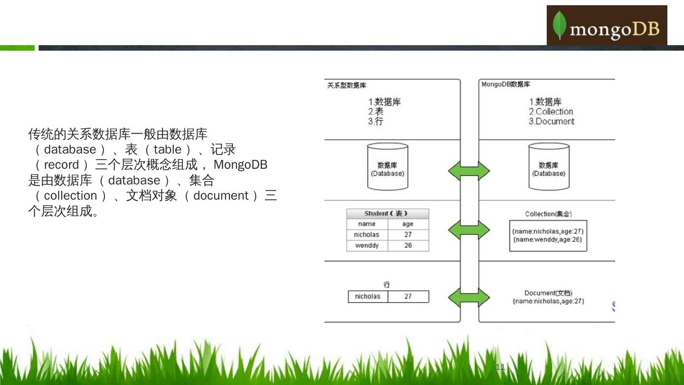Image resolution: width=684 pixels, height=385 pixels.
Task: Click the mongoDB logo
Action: point(607,26)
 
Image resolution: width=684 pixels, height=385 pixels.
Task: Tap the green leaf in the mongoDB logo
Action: point(560,25)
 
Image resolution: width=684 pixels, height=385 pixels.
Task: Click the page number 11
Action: point(500,366)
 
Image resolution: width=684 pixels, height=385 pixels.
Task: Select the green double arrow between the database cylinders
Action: point(469,171)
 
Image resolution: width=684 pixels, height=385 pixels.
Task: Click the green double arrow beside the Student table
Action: point(469,230)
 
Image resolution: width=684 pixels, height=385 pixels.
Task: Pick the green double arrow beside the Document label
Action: point(469,298)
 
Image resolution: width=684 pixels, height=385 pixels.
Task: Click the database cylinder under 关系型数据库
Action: point(388,166)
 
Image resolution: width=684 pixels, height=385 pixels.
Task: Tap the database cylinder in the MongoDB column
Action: point(549,166)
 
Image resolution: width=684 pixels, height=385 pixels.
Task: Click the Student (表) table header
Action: point(387,213)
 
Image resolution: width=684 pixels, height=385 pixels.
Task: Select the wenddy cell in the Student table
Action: point(367,245)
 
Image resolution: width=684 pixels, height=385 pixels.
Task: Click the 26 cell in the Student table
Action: point(408,245)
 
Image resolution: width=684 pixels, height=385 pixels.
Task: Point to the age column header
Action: point(408,224)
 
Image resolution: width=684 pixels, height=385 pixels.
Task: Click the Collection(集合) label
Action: point(548,214)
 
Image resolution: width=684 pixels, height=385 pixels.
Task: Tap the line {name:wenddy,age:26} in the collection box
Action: point(548,240)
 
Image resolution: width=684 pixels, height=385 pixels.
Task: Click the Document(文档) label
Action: point(548,293)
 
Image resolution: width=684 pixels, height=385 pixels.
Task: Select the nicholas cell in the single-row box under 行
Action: point(368,297)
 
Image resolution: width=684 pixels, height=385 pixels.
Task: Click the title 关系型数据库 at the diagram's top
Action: point(347,85)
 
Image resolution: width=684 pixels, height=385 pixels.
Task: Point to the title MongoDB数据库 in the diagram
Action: point(506,84)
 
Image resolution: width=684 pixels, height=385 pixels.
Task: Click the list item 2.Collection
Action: point(551,112)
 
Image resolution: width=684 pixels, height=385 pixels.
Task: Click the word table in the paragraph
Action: point(167,149)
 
